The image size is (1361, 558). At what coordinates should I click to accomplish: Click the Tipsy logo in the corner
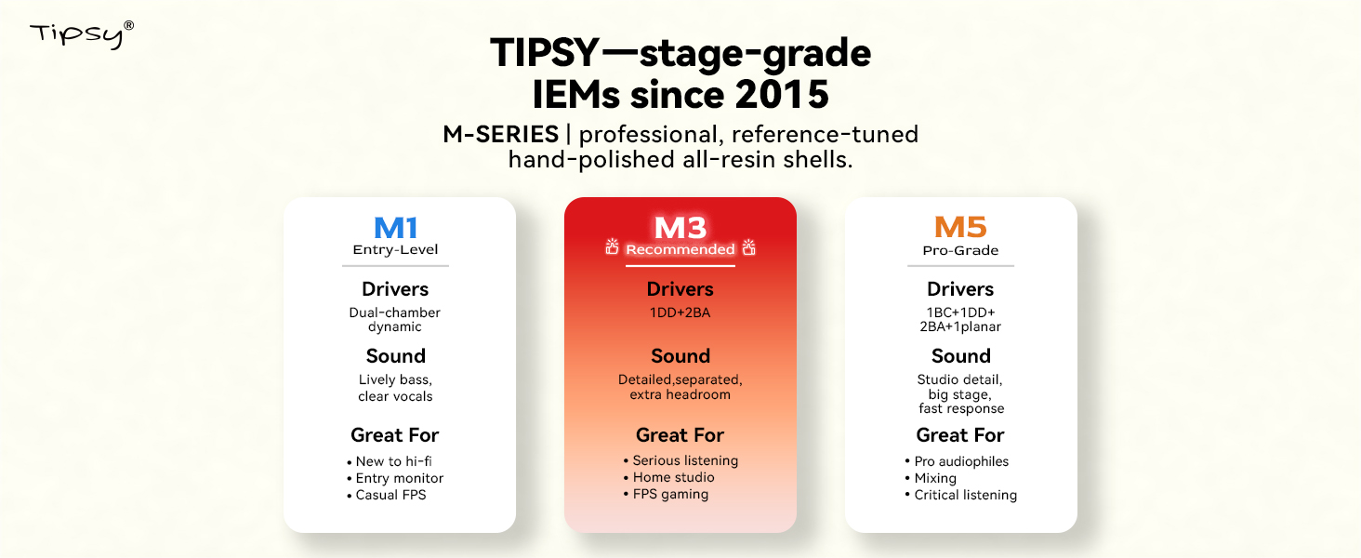point(82,34)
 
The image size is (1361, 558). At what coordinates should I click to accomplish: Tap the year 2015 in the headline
point(781,94)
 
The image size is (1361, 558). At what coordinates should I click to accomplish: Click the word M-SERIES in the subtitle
point(501,134)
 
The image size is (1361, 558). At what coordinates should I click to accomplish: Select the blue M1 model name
point(395,228)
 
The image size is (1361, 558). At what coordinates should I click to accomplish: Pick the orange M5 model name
point(960,227)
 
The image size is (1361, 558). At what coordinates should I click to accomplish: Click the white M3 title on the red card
point(680,228)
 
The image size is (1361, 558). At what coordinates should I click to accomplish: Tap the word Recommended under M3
point(680,249)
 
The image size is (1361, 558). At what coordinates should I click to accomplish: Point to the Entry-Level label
point(395,250)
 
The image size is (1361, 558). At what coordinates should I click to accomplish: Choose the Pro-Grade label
point(960,250)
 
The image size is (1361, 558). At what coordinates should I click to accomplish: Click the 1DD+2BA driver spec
point(680,312)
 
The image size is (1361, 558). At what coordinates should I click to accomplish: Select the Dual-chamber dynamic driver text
point(395,320)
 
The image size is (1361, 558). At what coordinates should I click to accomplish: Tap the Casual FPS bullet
point(390,495)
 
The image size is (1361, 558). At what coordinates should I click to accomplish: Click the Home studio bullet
point(673,477)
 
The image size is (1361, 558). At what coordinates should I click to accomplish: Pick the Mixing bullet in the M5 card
point(935,478)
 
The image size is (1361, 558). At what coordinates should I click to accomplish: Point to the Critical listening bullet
point(966,495)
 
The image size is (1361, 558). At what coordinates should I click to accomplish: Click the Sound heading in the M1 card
point(395,355)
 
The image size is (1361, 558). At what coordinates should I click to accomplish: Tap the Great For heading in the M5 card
point(960,435)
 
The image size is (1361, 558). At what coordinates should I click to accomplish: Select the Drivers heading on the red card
point(680,288)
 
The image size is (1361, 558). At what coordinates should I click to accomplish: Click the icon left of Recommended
point(612,246)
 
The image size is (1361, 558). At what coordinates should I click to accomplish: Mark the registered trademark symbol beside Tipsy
point(129,25)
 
